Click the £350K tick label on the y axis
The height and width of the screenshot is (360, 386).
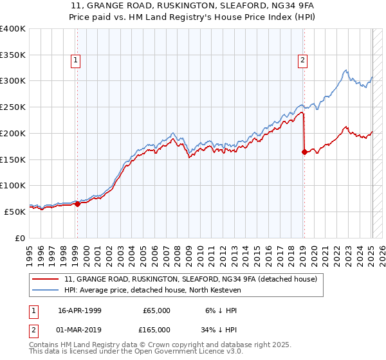click(13, 55)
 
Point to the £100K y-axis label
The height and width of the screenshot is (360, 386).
click(13, 185)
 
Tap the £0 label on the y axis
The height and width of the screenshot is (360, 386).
click(19, 237)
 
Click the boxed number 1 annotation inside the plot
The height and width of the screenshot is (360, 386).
click(75, 61)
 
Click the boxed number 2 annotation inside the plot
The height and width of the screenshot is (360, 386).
click(302, 61)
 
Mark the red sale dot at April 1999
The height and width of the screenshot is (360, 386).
click(77, 204)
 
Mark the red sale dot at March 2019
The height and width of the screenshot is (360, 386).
click(304, 152)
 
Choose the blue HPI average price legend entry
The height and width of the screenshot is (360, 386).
click(160, 290)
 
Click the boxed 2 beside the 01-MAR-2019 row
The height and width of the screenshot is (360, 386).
click(33, 329)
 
